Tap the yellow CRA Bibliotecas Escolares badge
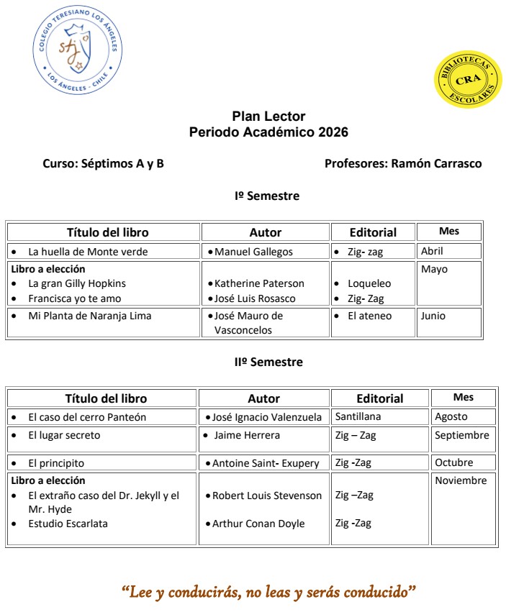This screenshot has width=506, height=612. click(x=467, y=80)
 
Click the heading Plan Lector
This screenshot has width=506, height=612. click(x=268, y=117)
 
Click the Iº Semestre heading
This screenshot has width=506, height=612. click(x=267, y=196)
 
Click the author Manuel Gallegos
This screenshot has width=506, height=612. click(x=253, y=252)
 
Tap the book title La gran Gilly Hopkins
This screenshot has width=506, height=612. click(x=77, y=283)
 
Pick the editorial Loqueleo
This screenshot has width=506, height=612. click(x=369, y=283)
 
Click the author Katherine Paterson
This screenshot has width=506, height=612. click(x=259, y=283)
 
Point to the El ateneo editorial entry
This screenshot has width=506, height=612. click(x=369, y=316)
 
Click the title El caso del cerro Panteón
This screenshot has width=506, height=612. click(x=87, y=417)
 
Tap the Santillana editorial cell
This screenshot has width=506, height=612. click(x=358, y=416)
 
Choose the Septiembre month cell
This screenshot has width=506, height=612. click(x=461, y=435)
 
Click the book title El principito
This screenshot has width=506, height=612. click(x=56, y=463)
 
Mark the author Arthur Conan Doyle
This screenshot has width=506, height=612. click(x=258, y=524)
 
